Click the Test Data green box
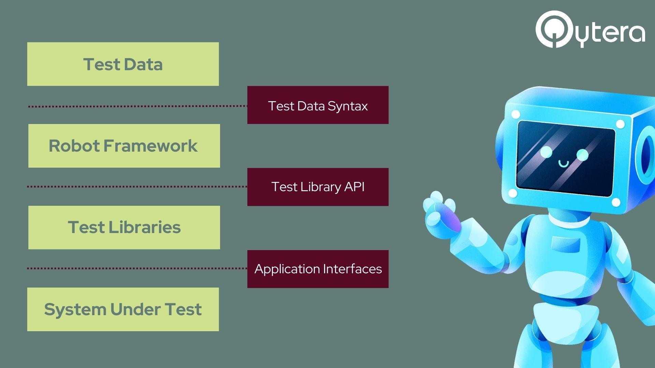tap(123, 64)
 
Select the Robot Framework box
tap(124, 146)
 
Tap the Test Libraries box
tap(124, 227)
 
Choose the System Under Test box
tap(123, 309)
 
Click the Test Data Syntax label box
tap(318, 105)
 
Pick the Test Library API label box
tap(318, 187)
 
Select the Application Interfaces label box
tap(318, 269)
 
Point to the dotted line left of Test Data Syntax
tap(136, 106)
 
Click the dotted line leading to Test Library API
tap(136, 186)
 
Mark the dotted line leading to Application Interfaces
tap(136, 268)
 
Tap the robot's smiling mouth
tap(563, 164)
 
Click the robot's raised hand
tap(440, 211)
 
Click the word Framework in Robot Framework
tap(150, 146)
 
